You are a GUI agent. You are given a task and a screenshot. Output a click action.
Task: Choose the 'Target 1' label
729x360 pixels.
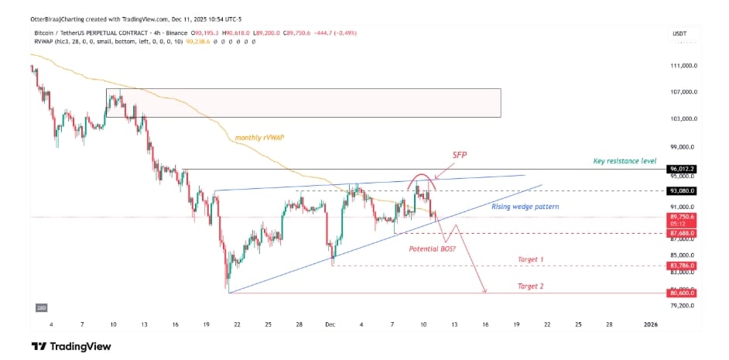click(x=530, y=259)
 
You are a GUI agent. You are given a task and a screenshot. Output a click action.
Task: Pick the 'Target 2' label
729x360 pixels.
click(x=530, y=286)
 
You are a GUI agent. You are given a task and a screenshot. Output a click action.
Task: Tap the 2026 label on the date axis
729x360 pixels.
click(x=651, y=325)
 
